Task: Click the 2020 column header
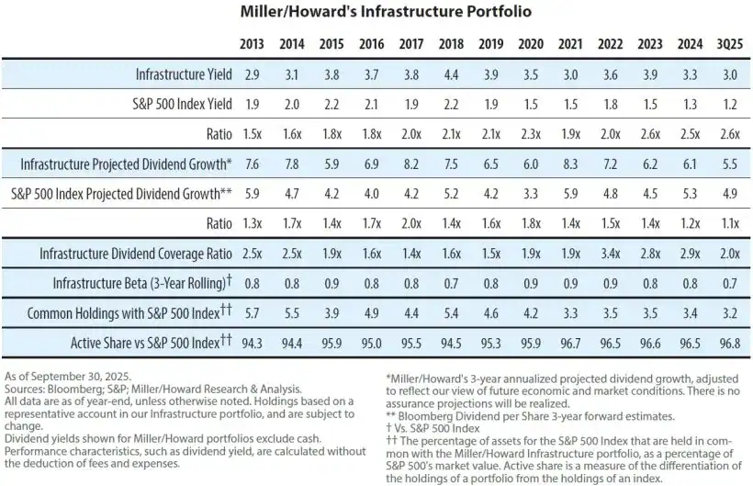tap(530, 43)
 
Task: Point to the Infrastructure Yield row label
tap(184, 73)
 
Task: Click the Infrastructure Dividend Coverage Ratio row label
tap(136, 254)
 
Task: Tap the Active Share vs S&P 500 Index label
tap(145, 343)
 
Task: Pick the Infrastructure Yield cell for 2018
tap(452, 73)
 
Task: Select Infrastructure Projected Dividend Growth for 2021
tap(570, 164)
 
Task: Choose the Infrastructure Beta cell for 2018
tap(452, 283)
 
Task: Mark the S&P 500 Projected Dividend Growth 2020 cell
tap(530, 194)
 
